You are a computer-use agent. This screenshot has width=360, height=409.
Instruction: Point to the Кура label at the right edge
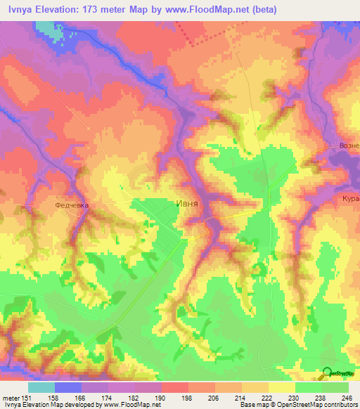click(x=350, y=198)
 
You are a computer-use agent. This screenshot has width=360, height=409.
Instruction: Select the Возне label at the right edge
click(x=347, y=145)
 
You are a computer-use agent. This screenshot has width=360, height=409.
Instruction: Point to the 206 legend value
click(x=216, y=397)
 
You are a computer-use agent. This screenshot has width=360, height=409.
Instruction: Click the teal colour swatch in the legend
click(x=41, y=387)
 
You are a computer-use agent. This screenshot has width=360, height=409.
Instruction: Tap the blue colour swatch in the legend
click(x=68, y=387)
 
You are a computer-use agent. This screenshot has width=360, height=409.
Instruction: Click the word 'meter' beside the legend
click(x=12, y=397)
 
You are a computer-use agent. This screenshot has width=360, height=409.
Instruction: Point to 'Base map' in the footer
click(x=250, y=405)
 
